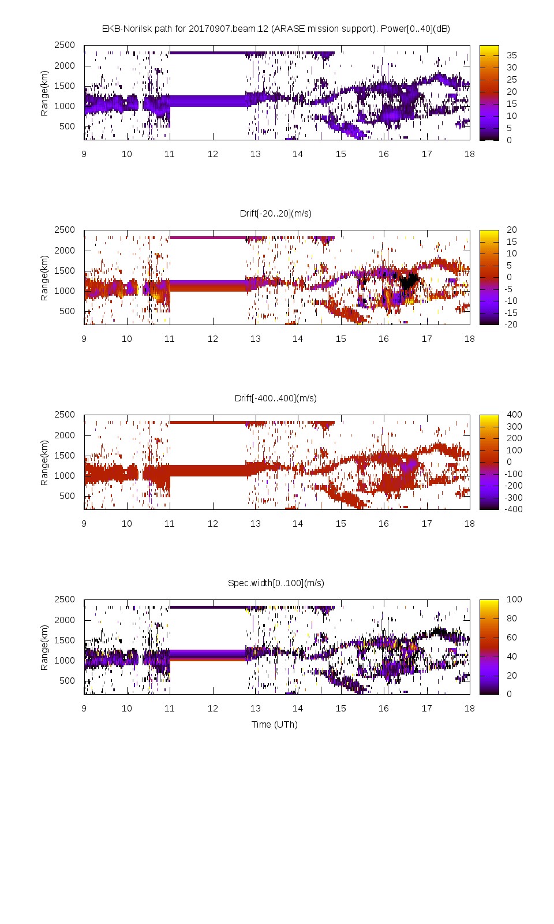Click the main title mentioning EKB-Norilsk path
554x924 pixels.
point(275,29)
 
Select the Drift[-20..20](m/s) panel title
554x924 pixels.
point(275,214)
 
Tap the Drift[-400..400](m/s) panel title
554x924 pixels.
point(275,398)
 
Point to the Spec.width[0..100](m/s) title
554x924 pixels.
point(275,583)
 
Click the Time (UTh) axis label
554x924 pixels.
point(274,725)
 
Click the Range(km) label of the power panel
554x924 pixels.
point(44,94)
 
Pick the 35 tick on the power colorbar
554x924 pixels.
point(511,55)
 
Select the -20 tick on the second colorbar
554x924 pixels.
point(511,325)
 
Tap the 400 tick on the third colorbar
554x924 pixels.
point(514,415)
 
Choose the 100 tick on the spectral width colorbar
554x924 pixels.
point(514,599)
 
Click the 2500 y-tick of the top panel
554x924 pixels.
point(65,45)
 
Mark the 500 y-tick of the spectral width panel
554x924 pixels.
point(67,681)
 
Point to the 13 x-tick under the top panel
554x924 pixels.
point(255,154)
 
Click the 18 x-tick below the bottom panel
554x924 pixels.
point(469,709)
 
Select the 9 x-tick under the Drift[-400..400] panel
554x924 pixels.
point(84,524)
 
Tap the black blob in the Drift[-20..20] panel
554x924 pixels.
point(409,281)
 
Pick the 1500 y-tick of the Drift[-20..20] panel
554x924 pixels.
point(65,271)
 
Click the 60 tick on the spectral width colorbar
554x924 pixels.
point(511,638)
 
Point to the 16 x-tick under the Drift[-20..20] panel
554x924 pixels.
point(384,339)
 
